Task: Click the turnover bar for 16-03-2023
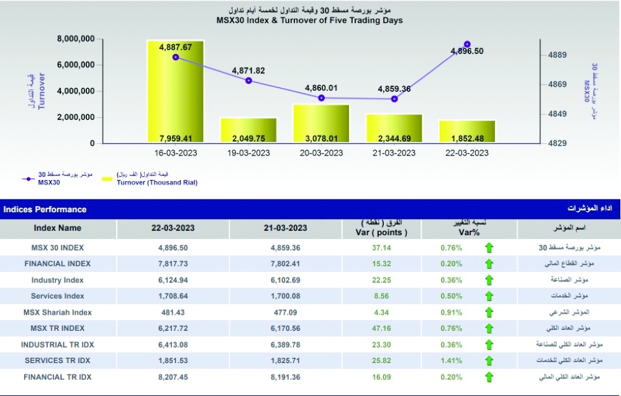(175, 93)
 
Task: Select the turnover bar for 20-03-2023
(321, 124)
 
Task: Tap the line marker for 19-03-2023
(248, 81)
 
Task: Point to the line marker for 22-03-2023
(467, 44)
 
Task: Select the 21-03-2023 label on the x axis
(394, 153)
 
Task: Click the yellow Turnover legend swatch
(107, 179)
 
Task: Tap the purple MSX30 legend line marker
(27, 179)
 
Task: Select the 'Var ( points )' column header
(384, 233)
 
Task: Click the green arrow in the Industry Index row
(489, 280)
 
